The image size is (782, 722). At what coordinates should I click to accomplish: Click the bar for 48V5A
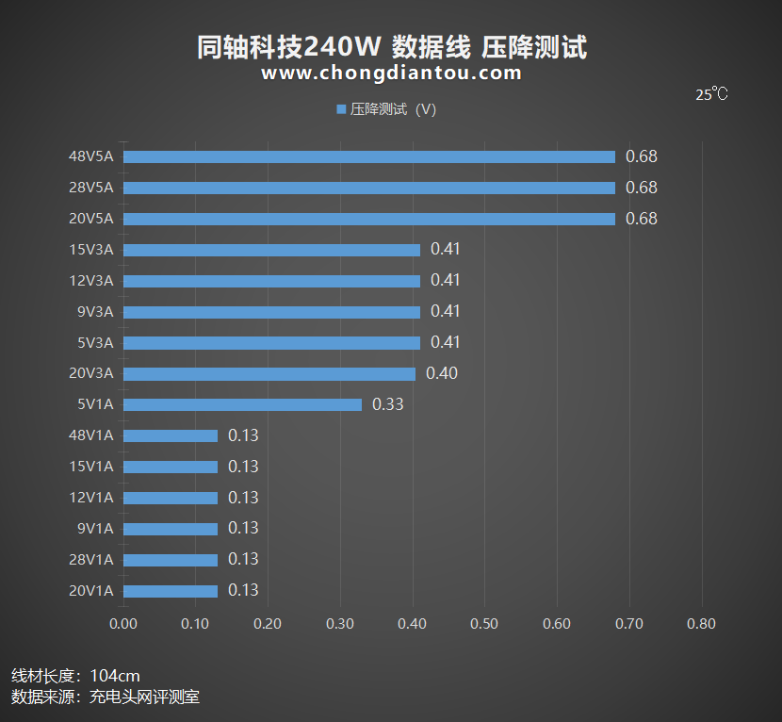368,157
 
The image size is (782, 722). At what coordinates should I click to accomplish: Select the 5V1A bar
242,405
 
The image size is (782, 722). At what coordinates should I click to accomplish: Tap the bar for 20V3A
269,374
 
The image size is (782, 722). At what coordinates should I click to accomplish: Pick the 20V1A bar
171,591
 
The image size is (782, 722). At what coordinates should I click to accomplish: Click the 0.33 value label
388,404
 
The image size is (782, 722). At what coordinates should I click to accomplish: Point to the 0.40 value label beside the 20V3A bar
442,373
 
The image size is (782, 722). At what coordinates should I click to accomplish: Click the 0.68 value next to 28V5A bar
642,188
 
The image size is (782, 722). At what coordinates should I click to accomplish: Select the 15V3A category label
90,250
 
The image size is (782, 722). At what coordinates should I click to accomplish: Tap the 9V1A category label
95,529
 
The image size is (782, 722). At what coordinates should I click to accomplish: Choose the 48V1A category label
90,435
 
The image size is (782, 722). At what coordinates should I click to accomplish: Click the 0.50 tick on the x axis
484,624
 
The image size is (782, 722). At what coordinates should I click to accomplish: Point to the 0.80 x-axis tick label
701,624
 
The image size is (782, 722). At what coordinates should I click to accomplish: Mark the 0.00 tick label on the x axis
123,624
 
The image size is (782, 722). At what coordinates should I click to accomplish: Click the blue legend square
341,109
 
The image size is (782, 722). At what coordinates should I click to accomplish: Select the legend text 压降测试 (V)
393,109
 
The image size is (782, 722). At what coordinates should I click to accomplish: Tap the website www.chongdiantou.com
391,73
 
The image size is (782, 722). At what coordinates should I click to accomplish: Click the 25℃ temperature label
711,94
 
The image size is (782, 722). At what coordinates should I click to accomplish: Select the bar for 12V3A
271,281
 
